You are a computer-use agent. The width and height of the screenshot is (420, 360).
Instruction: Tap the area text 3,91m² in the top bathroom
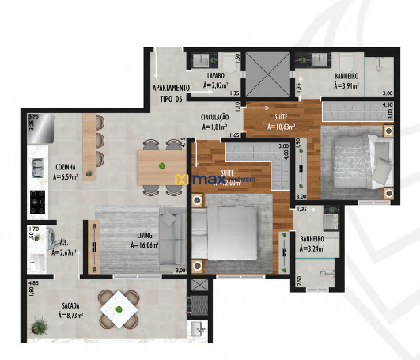pyautogui.click(x=347, y=85)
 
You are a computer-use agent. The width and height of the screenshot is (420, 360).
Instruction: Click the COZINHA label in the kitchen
pyautogui.click(x=66, y=168)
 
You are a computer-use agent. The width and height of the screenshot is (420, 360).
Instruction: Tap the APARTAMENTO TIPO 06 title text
pyautogui.click(x=171, y=93)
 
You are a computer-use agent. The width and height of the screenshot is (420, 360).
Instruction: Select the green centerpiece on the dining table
pyautogui.click(x=161, y=165)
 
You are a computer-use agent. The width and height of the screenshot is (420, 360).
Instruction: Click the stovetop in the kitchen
pyautogui.click(x=36, y=200)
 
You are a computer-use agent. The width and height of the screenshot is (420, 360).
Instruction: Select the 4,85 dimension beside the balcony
pyautogui.click(x=33, y=283)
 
